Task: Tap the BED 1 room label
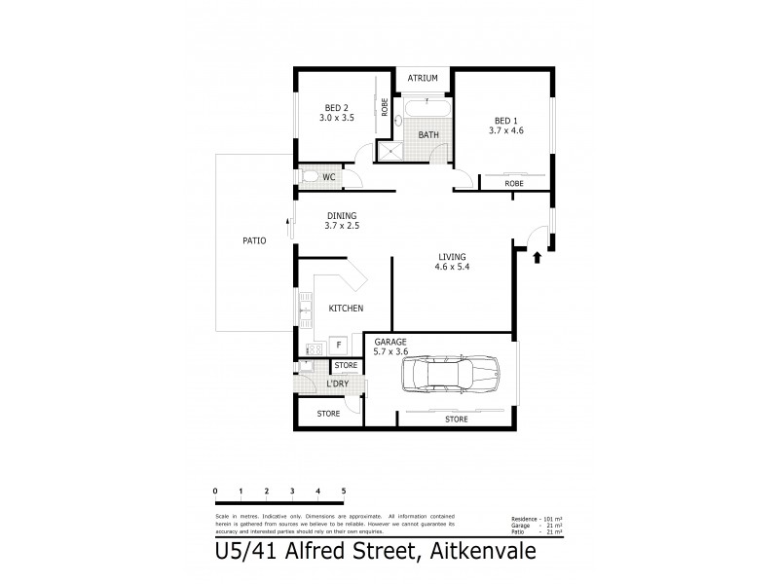[507, 124]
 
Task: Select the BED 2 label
[337, 112]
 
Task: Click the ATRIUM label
[423, 78]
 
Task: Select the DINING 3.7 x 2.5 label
[341, 221]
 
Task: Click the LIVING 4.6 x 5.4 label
[453, 262]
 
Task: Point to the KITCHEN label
[346, 309]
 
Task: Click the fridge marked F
[338, 345]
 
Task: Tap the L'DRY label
[338, 383]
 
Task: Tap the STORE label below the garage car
[456, 420]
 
